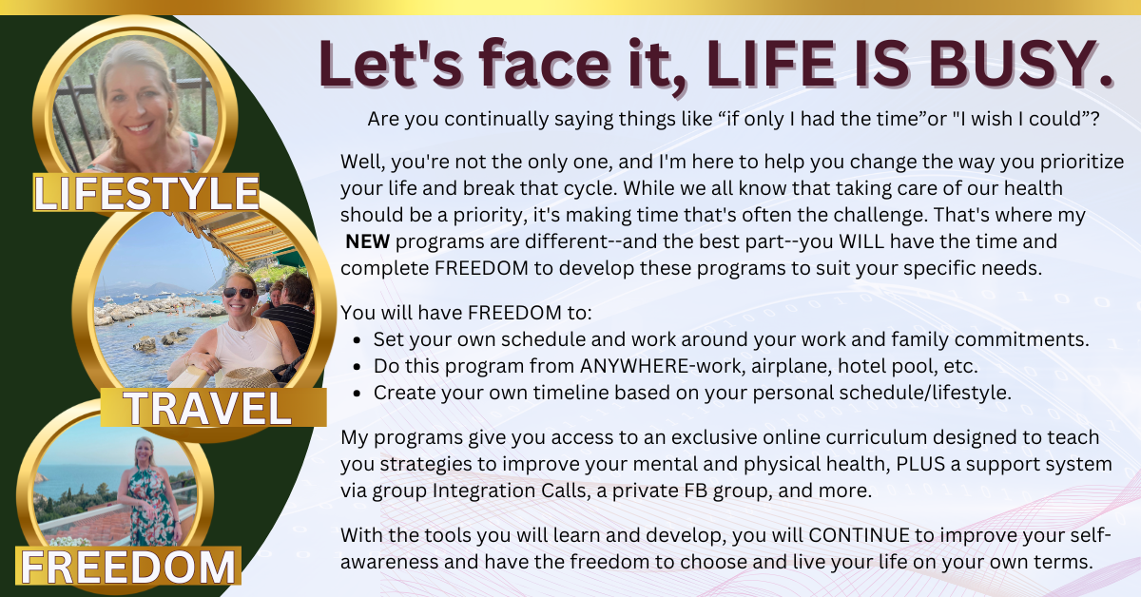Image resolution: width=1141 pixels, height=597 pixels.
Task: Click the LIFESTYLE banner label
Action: point(146,193)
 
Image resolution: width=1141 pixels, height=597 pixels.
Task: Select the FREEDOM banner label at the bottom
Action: point(127,567)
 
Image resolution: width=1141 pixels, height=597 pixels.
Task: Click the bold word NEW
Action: point(367,241)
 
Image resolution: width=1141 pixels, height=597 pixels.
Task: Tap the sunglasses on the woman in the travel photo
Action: point(240,293)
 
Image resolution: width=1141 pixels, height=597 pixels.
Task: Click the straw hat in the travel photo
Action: point(249,377)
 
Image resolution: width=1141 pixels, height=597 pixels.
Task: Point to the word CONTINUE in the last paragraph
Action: point(859,535)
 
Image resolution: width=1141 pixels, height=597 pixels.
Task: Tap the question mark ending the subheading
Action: point(1094,119)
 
